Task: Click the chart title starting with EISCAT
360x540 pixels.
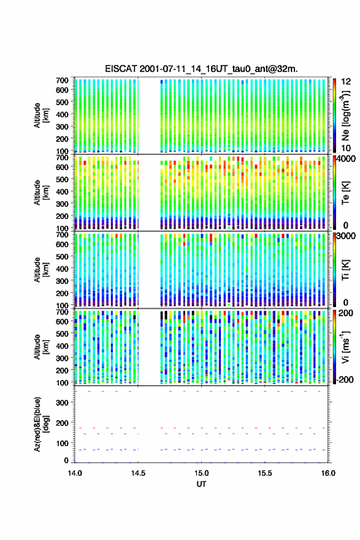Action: pos(201,69)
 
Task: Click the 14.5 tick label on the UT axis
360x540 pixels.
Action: pos(138,473)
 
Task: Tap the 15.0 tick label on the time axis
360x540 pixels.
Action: pos(201,473)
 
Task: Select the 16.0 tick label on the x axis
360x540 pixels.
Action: pos(328,473)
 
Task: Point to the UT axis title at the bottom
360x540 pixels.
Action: pos(201,484)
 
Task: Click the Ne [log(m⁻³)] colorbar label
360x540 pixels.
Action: pos(346,116)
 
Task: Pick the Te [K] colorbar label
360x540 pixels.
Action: pos(346,193)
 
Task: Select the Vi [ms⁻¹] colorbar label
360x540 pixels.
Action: pos(345,347)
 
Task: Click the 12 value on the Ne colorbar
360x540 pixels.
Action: pos(347,82)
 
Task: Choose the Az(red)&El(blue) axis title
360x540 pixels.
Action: pos(40,424)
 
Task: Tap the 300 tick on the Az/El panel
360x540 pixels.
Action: pos(63,403)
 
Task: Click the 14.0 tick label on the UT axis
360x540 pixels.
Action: pos(75,473)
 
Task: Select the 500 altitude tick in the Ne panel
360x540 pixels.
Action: pos(63,102)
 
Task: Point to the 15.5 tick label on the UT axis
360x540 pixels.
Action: pos(265,473)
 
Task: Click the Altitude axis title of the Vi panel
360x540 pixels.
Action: pos(40,347)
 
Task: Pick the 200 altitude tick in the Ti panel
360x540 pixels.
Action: pos(63,293)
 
